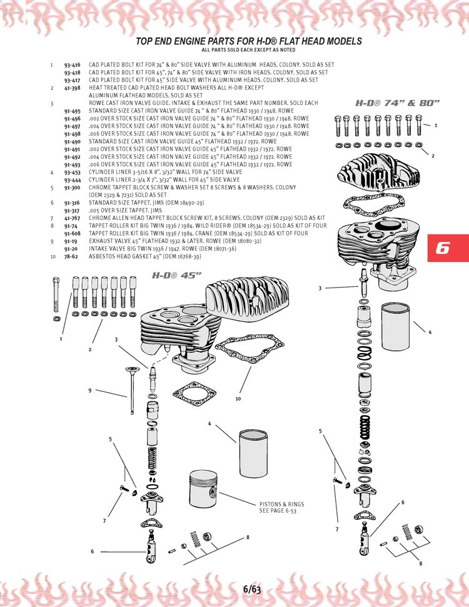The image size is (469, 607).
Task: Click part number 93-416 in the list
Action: click(x=71, y=64)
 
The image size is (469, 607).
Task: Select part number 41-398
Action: click(x=71, y=88)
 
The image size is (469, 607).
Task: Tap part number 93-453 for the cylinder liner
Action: click(x=71, y=172)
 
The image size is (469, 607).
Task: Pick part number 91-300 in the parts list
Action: click(x=71, y=188)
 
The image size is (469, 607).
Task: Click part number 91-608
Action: click(x=71, y=233)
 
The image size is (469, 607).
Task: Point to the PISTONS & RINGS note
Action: click(x=281, y=507)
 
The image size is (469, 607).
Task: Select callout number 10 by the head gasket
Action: click(x=238, y=398)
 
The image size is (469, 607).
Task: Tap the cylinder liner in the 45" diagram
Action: click(x=256, y=443)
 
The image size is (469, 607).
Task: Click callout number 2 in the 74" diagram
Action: click(x=433, y=156)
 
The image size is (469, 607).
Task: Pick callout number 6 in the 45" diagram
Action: click(x=93, y=551)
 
